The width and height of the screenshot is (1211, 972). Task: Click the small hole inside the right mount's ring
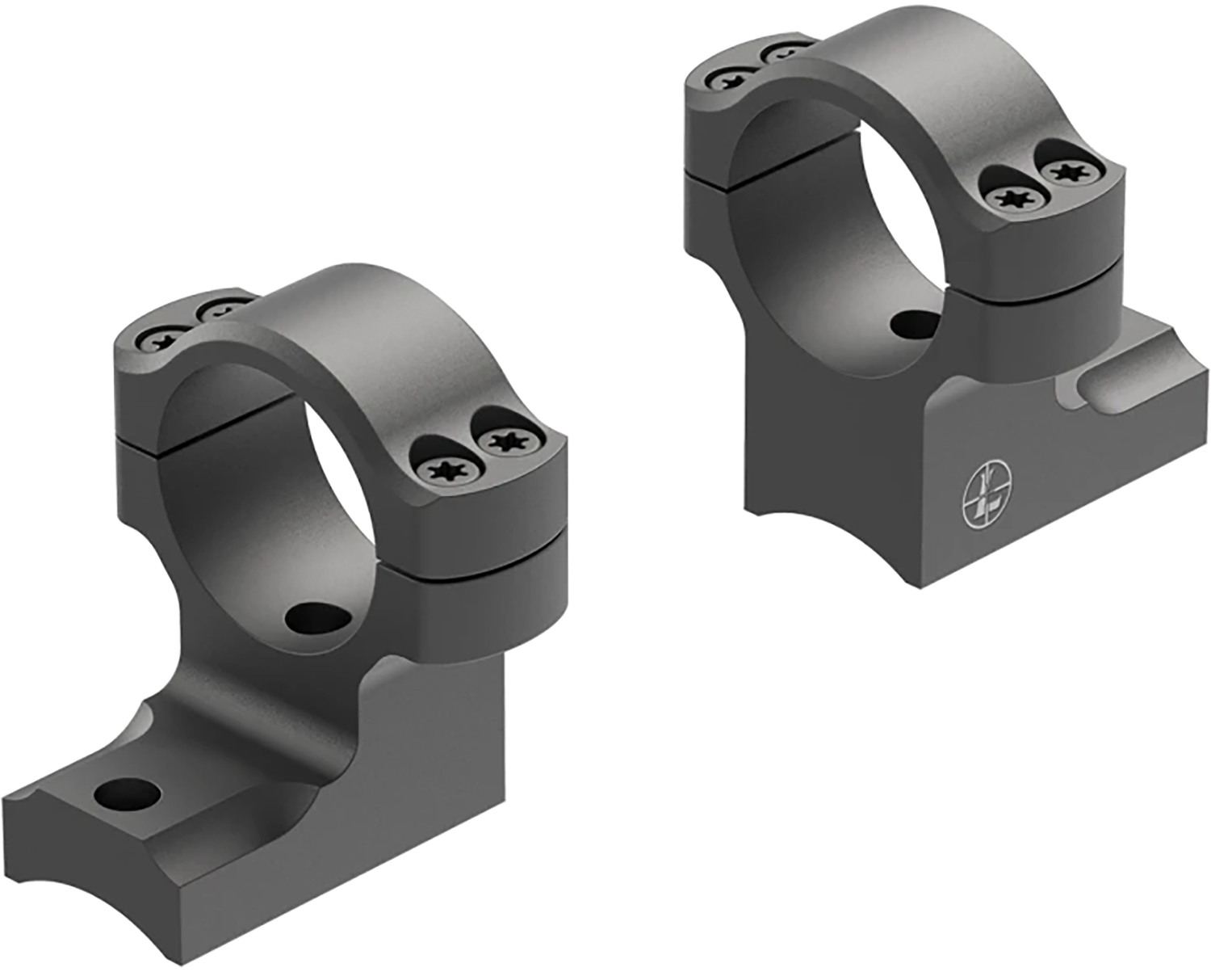click(x=916, y=322)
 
